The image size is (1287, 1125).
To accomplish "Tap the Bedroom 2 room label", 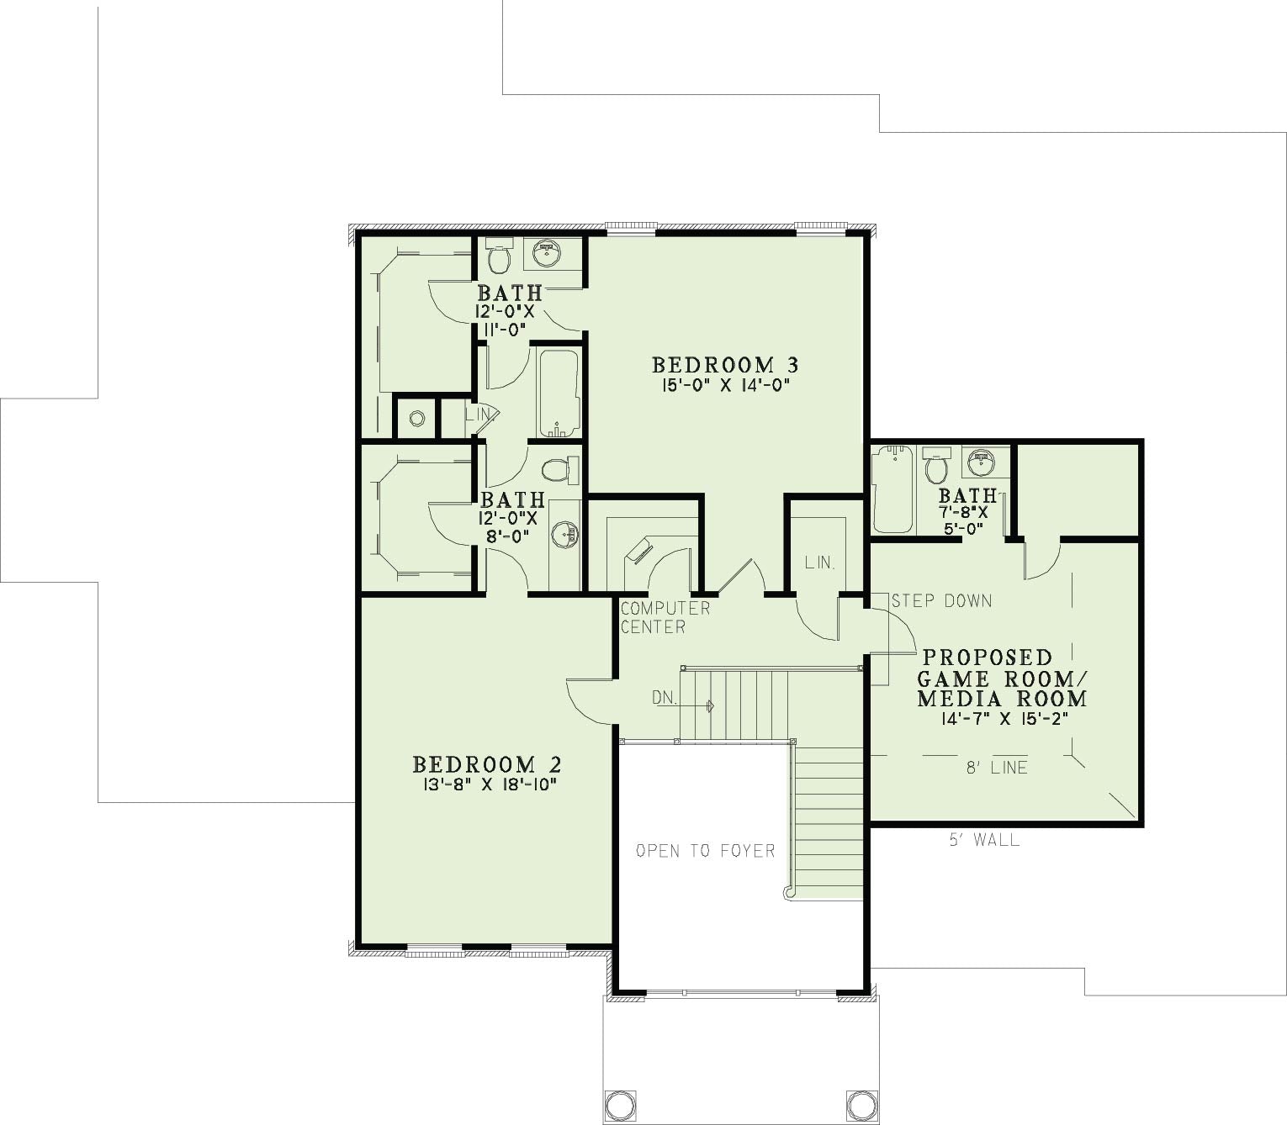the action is pos(487,764).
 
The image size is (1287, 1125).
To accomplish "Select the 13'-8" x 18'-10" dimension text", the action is pos(487,784).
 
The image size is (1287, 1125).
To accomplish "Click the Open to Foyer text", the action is pos(705,852).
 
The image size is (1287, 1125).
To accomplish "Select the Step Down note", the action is pos(941,601).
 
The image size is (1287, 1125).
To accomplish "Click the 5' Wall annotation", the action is pos(985,839).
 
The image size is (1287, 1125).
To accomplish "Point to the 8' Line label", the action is pos(997,768).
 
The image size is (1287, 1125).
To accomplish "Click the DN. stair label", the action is pos(664,697).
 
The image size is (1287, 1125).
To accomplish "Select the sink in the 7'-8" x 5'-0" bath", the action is pos(980,462).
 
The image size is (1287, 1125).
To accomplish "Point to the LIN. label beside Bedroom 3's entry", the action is pos(819,563).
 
